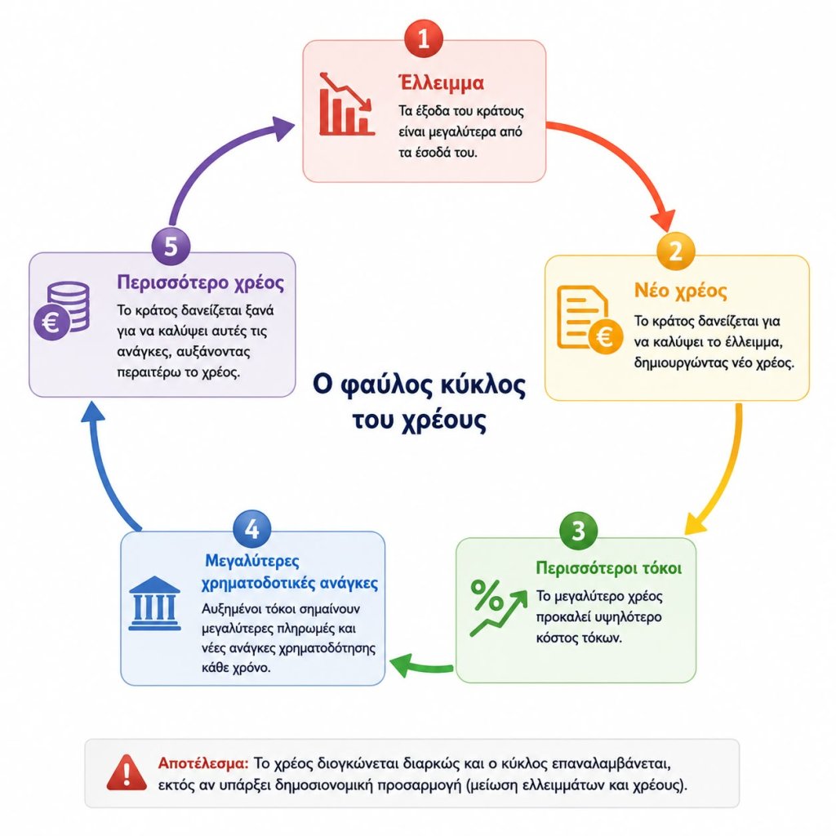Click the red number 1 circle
424,38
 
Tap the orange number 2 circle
675,251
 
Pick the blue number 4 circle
252,529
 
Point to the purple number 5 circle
171,247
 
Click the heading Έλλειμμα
442,82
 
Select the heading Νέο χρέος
680,291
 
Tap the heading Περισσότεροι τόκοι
609,568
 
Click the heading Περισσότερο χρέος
201,282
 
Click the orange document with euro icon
589,319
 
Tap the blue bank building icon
154,603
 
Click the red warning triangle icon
127,772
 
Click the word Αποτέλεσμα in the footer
203,763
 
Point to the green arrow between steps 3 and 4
421,666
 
